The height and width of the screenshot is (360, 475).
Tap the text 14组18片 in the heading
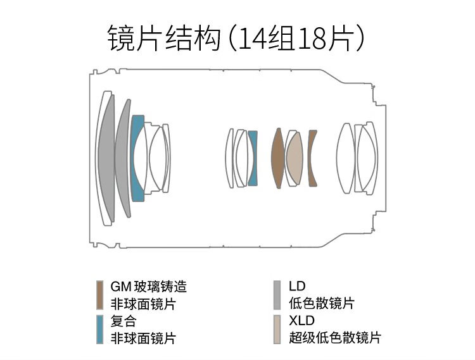click(298, 39)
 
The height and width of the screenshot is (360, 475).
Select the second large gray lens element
click(123, 158)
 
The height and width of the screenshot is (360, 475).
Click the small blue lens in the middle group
click(253, 158)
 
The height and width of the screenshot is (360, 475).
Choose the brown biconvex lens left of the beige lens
click(277, 158)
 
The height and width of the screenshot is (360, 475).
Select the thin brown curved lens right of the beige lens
click(312, 158)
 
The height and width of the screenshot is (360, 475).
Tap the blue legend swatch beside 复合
click(99, 328)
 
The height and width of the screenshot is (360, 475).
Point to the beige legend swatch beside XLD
click(277, 328)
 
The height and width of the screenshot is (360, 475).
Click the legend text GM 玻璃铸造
click(148, 287)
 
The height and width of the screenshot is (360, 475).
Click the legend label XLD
click(301, 321)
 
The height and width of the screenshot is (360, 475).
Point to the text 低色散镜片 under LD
click(321, 304)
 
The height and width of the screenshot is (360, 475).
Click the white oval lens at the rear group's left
click(345, 158)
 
